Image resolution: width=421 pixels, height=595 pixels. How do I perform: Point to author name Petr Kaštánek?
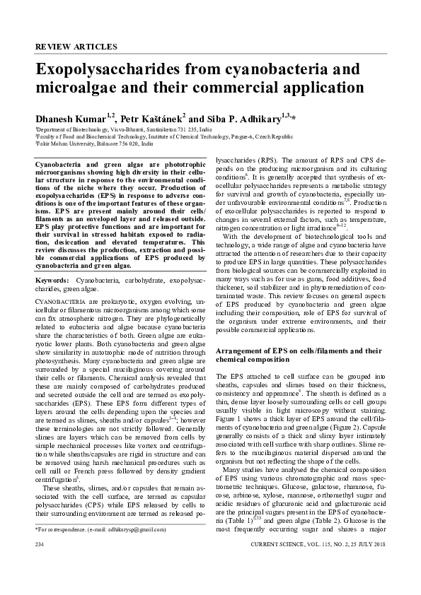click(150, 117)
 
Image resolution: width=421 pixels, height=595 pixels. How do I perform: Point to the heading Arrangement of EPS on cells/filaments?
click(297, 350)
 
